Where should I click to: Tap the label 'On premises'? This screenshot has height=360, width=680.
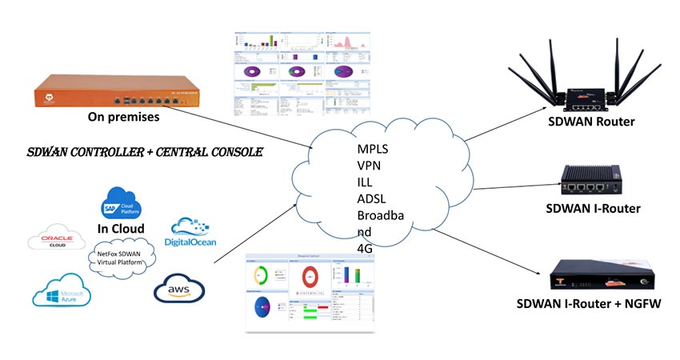(x=123, y=117)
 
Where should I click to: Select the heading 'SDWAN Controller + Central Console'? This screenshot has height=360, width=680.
(x=144, y=151)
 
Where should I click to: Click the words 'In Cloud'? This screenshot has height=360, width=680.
(x=121, y=229)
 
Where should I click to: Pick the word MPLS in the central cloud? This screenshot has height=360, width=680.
(x=374, y=150)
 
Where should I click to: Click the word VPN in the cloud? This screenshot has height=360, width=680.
(x=369, y=166)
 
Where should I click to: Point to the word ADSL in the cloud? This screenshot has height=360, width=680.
(x=372, y=198)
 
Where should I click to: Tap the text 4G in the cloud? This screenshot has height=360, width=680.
(x=366, y=248)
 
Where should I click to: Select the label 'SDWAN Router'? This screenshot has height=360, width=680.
(x=592, y=122)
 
